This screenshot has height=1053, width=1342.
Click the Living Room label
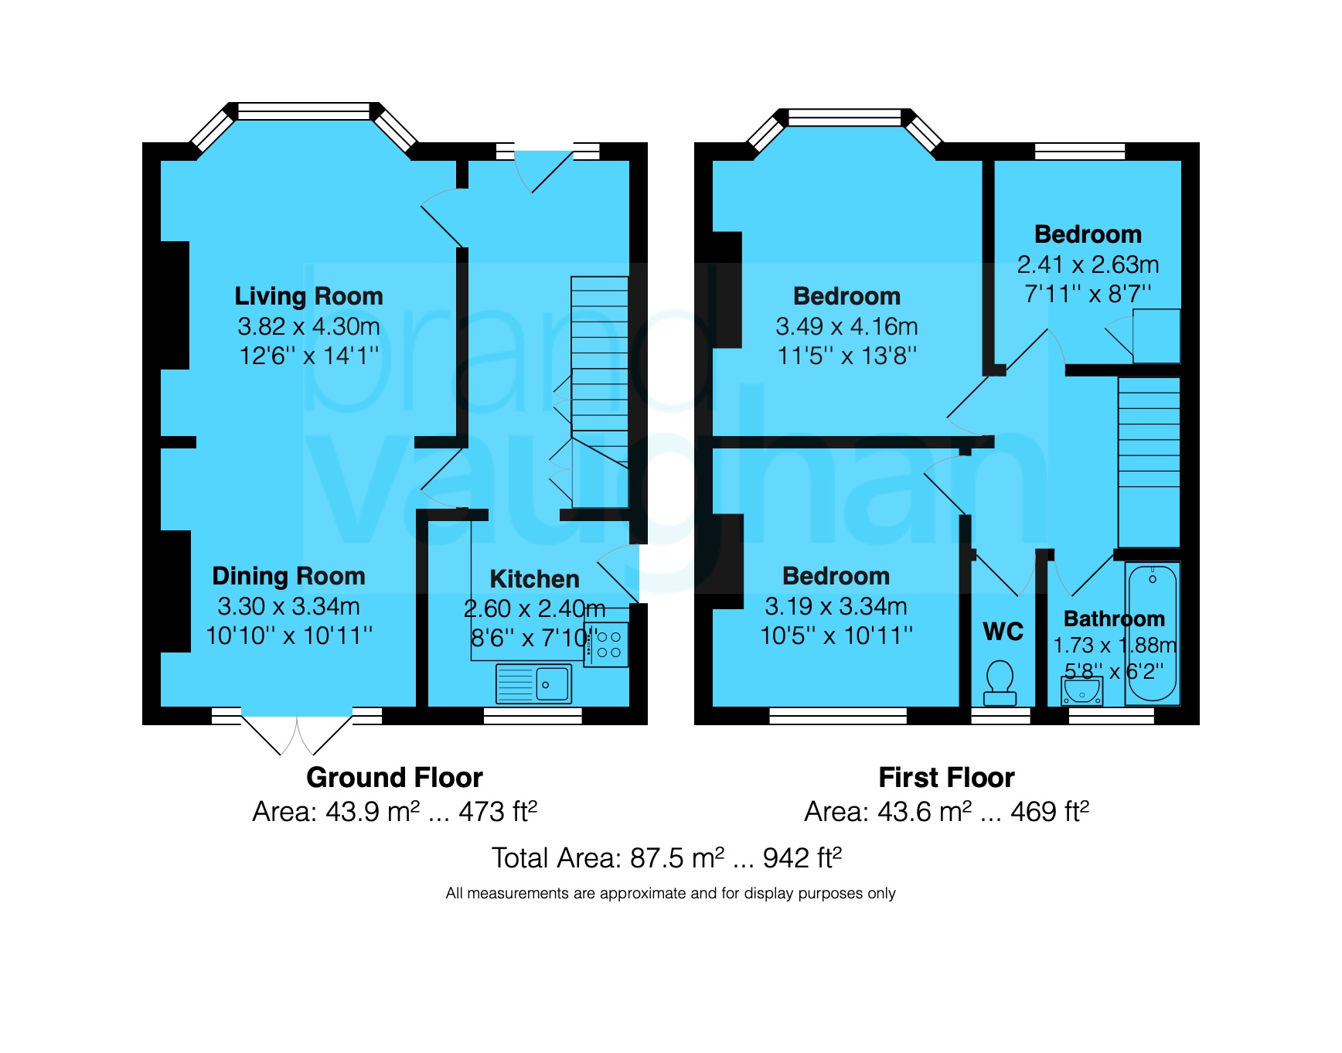pos(308,296)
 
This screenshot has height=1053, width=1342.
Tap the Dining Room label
pos(288,576)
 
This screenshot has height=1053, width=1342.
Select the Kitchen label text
pos(534,579)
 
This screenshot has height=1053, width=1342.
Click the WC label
pos(1003,632)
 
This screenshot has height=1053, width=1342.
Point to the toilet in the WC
pos(1000,682)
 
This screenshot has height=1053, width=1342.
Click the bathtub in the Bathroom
pos(1152,633)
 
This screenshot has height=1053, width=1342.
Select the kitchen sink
pos(533,683)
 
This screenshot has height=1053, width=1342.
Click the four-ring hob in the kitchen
pos(605,645)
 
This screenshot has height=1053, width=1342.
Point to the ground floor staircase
pos(599,392)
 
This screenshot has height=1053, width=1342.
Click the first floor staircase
pos(1149,462)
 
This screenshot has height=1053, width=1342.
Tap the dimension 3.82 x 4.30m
pos(308,326)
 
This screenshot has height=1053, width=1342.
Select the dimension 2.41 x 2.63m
pos(1088,264)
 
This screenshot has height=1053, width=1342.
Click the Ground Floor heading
pos(394,777)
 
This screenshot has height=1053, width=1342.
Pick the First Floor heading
pos(946,777)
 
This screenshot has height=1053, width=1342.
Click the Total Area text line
pos(666,857)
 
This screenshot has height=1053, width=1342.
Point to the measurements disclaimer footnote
pos(670,894)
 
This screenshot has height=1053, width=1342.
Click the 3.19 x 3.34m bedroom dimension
pos(836,606)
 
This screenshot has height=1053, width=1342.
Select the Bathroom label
pos(1114,619)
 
